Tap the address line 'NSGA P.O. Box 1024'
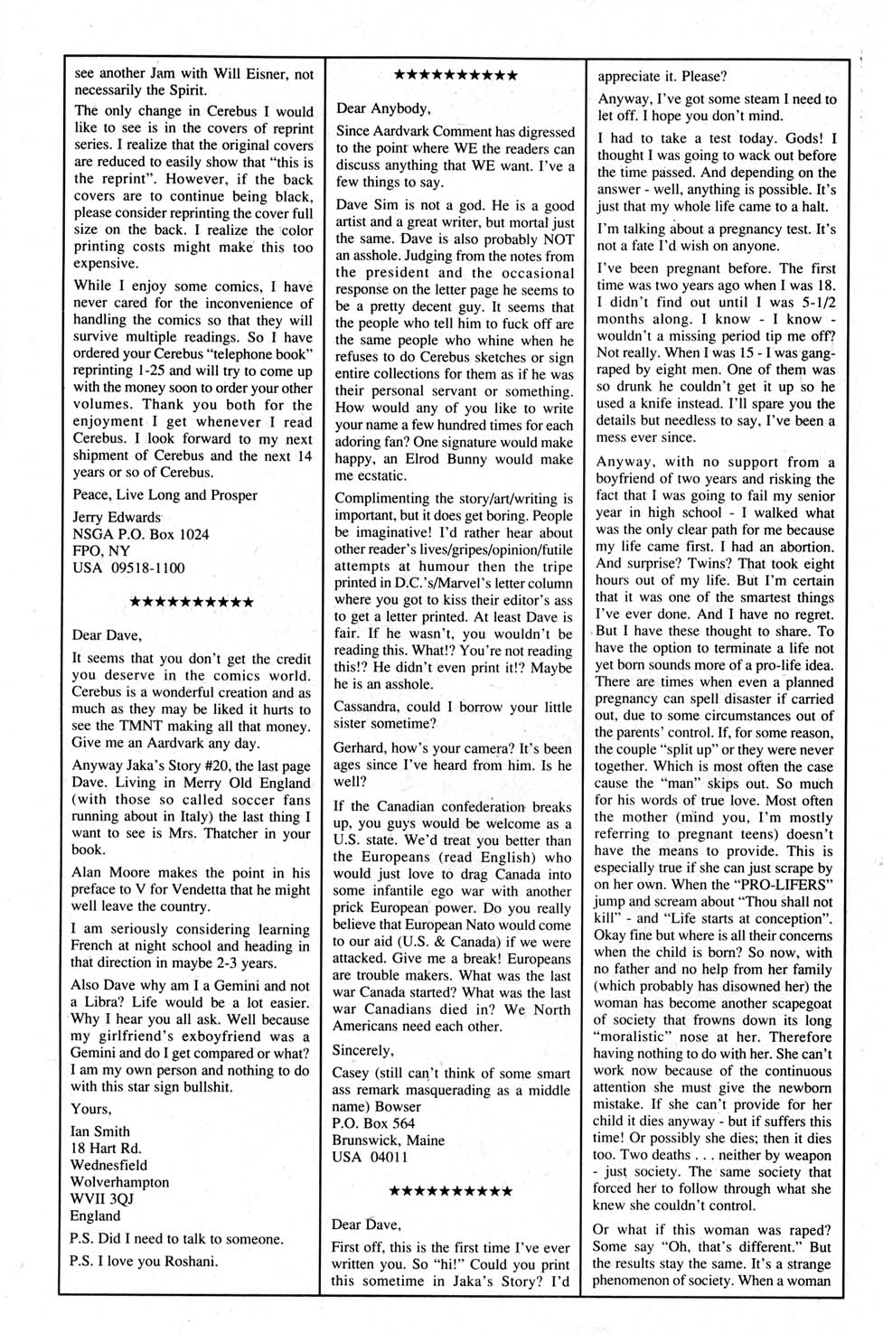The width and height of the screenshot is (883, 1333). pos(140,534)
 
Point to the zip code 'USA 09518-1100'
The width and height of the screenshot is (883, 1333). pos(128,568)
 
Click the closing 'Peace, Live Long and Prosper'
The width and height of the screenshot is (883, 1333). pos(164,495)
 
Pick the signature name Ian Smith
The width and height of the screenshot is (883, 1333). pos(100,1131)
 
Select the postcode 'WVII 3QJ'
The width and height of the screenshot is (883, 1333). pos(103,1199)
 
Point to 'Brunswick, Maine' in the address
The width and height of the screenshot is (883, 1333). pos(389,1141)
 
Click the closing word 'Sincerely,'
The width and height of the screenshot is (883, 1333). pos(363,1050)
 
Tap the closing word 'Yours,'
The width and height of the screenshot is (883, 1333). pos(91,1109)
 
